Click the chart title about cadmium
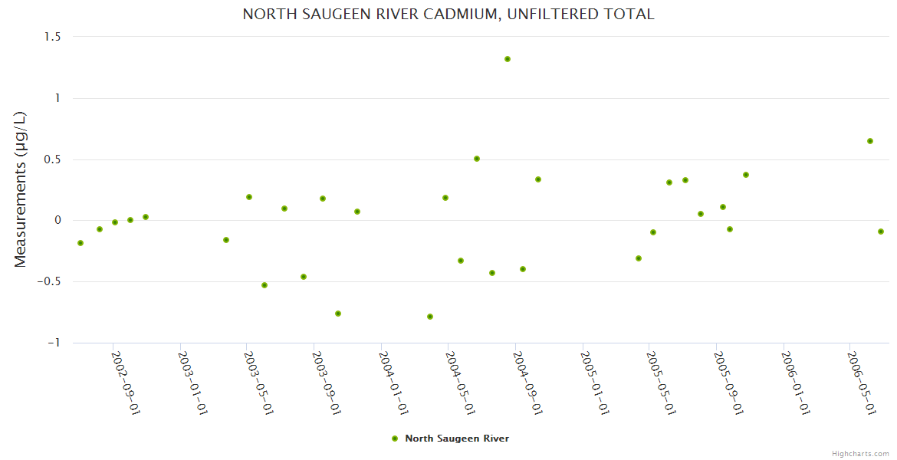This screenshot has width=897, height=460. pyautogui.click(x=449, y=15)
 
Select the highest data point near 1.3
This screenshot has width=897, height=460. pyautogui.click(x=508, y=59)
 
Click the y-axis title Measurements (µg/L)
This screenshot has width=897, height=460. pyautogui.click(x=21, y=189)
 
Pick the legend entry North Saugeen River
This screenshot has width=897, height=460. pyautogui.click(x=457, y=439)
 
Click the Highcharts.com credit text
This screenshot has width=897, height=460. pyautogui.click(x=860, y=453)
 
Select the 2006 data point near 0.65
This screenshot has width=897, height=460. pyautogui.click(x=870, y=141)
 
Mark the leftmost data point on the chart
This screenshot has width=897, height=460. pyautogui.click(x=80, y=243)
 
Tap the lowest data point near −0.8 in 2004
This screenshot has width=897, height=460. pyautogui.click(x=430, y=317)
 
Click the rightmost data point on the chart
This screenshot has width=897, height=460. pyautogui.click(x=881, y=232)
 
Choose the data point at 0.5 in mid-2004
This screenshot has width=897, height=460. pyautogui.click(x=477, y=159)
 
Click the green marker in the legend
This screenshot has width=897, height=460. pyautogui.click(x=395, y=439)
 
